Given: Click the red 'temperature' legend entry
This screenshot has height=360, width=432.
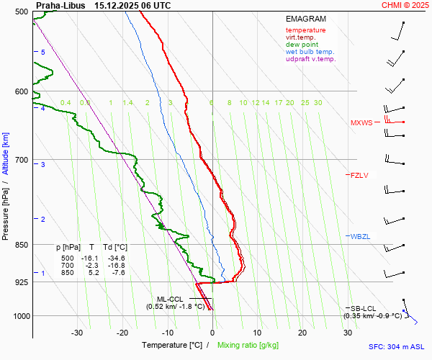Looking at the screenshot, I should coord(305,30).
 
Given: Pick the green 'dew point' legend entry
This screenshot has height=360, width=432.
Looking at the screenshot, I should coord(302,45).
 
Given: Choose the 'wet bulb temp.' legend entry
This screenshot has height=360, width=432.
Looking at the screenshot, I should coord(310,52).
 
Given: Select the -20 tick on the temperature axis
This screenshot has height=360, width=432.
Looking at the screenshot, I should coord(122,333).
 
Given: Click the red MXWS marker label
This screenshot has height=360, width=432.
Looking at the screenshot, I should coord(361,122).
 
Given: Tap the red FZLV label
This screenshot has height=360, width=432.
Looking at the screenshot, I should coord(359,175).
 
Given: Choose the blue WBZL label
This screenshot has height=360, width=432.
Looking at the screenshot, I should coord(359,237).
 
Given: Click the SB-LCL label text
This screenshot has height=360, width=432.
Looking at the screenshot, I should coord(364,308).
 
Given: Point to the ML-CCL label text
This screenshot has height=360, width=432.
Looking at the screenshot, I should coord(171,298).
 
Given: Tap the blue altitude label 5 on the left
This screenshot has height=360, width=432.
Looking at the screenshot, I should coord(42,53).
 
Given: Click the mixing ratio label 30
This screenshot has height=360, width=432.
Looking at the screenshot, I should coord(318,103).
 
